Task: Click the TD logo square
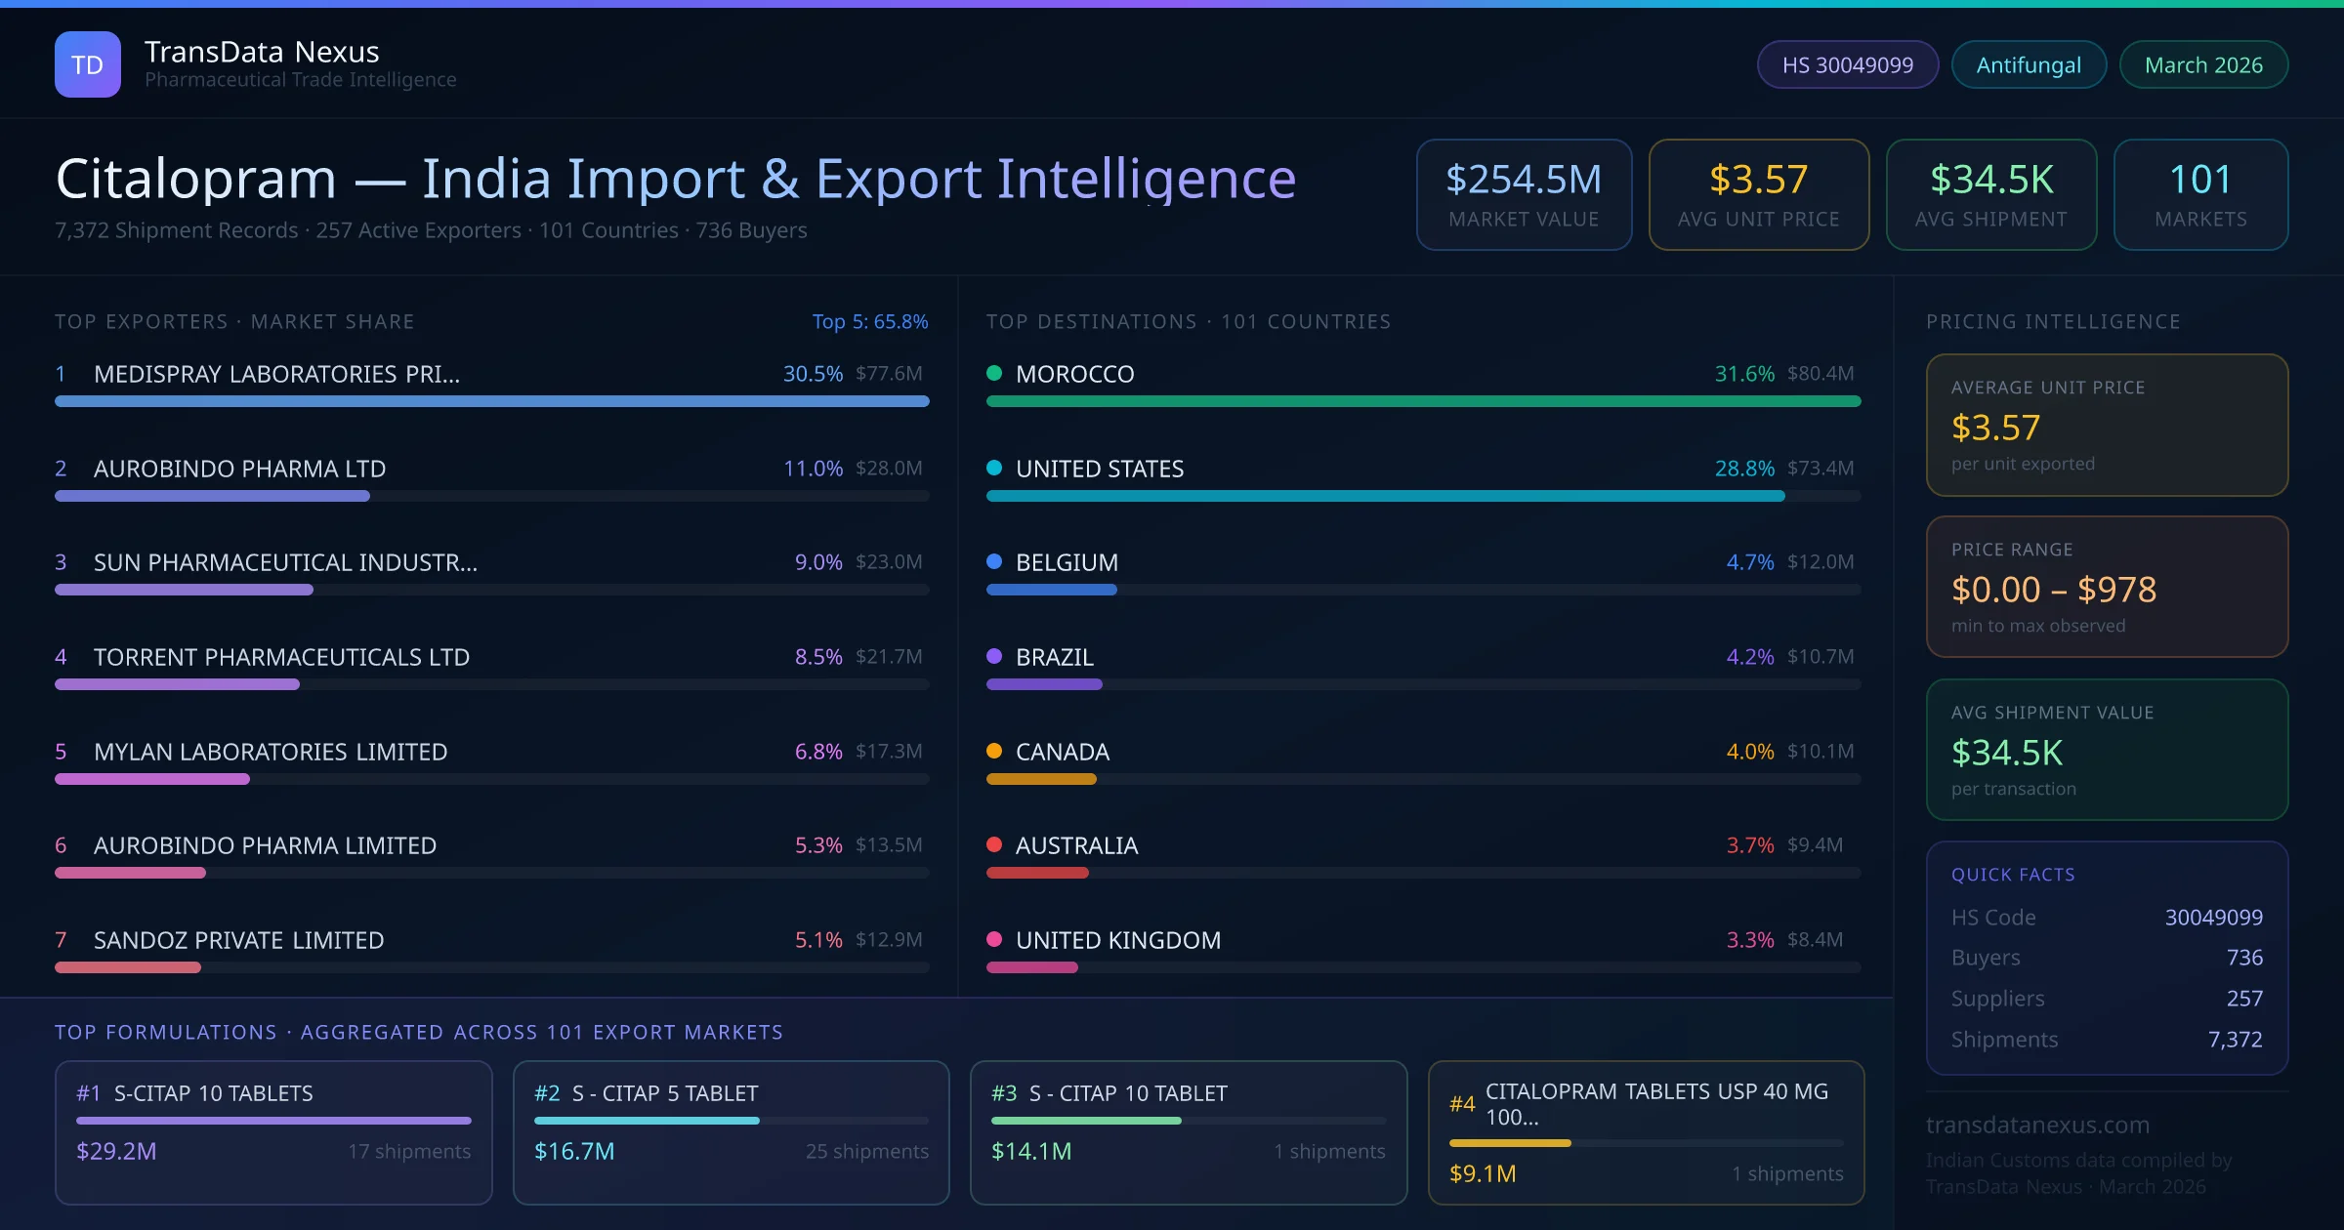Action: click(88, 64)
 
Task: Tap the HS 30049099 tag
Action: click(1847, 64)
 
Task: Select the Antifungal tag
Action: click(2029, 64)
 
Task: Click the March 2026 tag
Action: click(2203, 64)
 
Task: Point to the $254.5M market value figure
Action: click(1524, 180)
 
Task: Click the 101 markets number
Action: click(2200, 180)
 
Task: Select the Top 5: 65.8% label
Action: click(869, 321)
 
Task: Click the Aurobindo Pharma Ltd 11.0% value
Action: click(813, 469)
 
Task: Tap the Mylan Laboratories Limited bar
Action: click(152, 779)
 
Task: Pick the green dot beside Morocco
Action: click(994, 373)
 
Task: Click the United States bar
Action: click(1385, 496)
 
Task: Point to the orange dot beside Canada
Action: click(994, 751)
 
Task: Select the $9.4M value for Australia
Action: click(1815, 845)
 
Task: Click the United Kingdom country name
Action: click(1117, 940)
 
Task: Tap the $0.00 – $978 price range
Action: click(2053, 590)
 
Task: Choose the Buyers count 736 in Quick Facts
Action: click(2244, 958)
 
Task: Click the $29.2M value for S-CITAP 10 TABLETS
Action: click(116, 1151)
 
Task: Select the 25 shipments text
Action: click(866, 1151)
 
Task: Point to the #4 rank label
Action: click(1462, 1104)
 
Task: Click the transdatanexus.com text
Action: click(2037, 1125)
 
